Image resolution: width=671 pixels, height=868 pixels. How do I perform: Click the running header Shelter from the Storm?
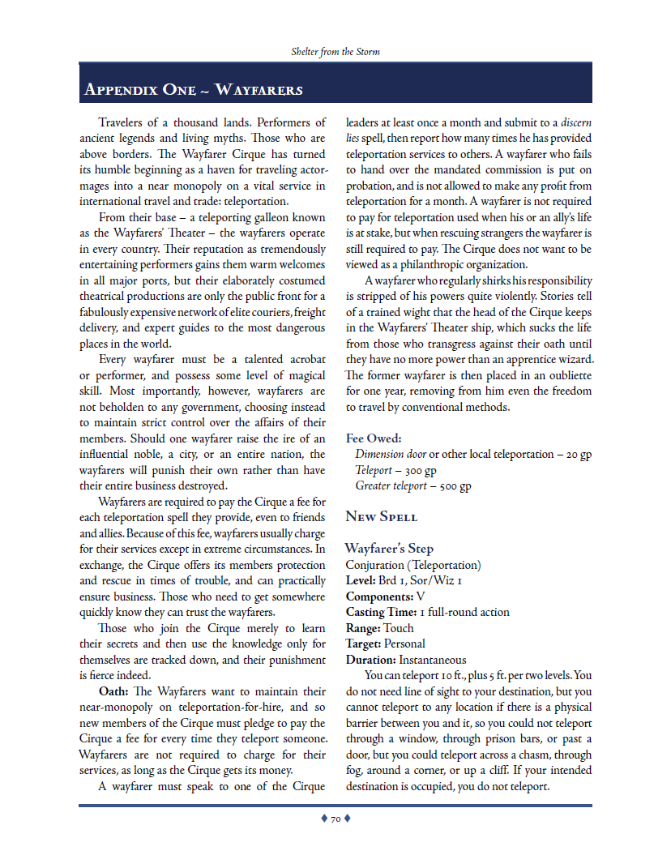click(335, 52)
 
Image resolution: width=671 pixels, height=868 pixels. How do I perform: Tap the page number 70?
click(335, 819)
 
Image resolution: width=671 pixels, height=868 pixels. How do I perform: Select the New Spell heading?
click(382, 516)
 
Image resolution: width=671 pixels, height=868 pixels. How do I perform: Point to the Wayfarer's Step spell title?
click(389, 549)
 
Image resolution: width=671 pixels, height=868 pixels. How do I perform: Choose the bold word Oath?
click(113, 691)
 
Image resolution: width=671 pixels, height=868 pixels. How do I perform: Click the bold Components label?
click(379, 596)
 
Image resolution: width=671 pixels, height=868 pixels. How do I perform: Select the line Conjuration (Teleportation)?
click(412, 565)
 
